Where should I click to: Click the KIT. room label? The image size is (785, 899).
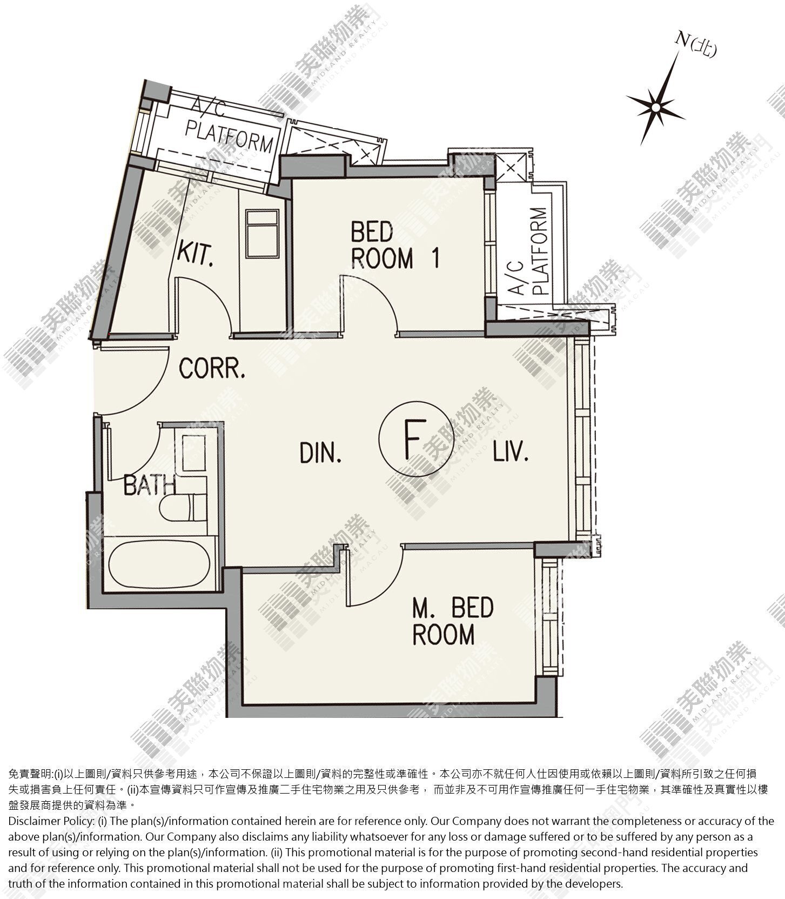[x=196, y=254]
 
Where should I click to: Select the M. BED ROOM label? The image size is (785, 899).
[x=453, y=621]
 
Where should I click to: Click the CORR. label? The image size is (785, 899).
[x=212, y=369]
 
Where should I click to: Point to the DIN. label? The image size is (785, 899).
[x=321, y=452]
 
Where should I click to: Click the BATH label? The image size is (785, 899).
[x=150, y=485]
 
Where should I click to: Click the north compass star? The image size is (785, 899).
[x=655, y=107]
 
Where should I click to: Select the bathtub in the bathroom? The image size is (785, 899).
[x=159, y=564]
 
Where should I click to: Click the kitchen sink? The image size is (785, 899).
[x=262, y=234]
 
